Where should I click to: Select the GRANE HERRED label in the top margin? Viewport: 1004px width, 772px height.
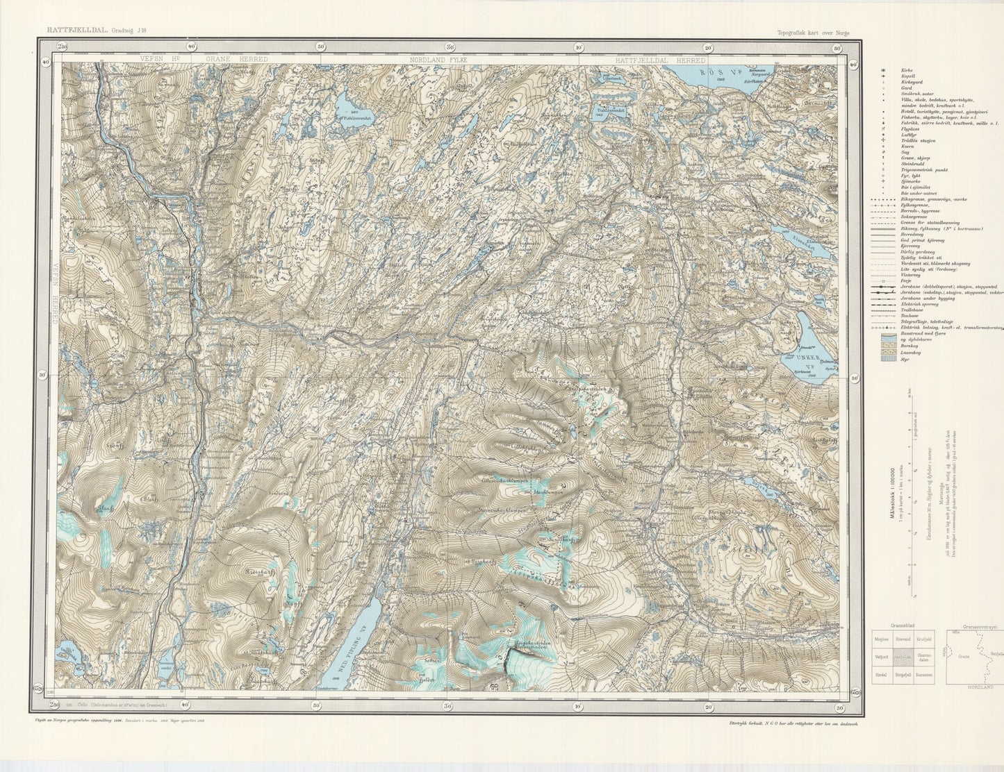coord(236,60)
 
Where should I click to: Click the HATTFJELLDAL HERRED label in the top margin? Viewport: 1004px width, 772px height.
coord(650,60)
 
